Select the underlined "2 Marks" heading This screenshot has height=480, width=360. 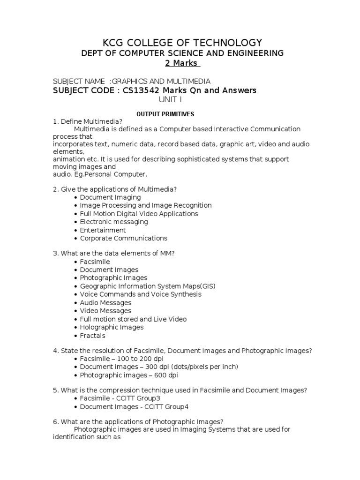pyautogui.click(x=182, y=63)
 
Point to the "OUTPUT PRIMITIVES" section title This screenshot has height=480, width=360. pyautogui.click(x=165, y=114)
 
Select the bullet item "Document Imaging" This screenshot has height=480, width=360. pyautogui.click(x=110, y=197)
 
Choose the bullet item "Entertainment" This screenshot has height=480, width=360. pyautogui.click(x=103, y=230)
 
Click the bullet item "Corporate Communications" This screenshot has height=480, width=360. pyautogui.click(x=123, y=238)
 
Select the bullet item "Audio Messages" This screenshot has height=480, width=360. pyautogui.click(x=105, y=302)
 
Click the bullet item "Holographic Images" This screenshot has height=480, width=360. pyautogui.click(x=112, y=327)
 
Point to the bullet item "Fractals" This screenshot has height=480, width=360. pyautogui.click(x=92, y=336)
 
